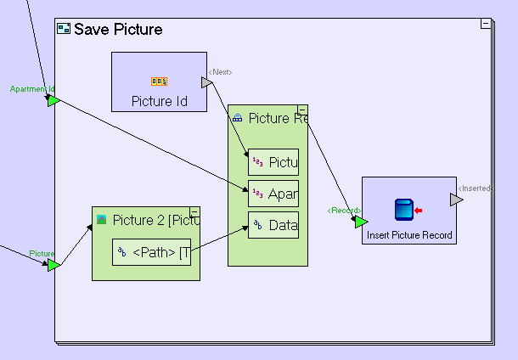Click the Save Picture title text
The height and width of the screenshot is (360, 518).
[x=118, y=30]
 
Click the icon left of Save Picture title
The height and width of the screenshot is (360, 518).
[x=64, y=29]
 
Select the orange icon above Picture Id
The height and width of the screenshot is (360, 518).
[x=159, y=82]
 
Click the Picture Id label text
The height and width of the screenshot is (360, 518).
[x=159, y=101]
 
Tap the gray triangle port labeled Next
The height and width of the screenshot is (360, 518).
[x=206, y=82]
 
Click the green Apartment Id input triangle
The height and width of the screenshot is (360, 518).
[x=53, y=101]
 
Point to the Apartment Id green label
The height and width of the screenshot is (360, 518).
[x=32, y=89]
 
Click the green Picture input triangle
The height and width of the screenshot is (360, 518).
[x=53, y=266]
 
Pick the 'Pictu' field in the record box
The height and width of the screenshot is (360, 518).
[x=273, y=162]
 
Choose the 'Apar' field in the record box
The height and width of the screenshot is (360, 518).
[x=273, y=194]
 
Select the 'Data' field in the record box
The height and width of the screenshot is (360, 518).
[x=273, y=226]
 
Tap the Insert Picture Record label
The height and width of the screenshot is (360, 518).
[x=409, y=235]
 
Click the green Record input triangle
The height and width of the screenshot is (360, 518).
[x=361, y=222]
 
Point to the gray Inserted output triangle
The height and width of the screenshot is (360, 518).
[x=456, y=200]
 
